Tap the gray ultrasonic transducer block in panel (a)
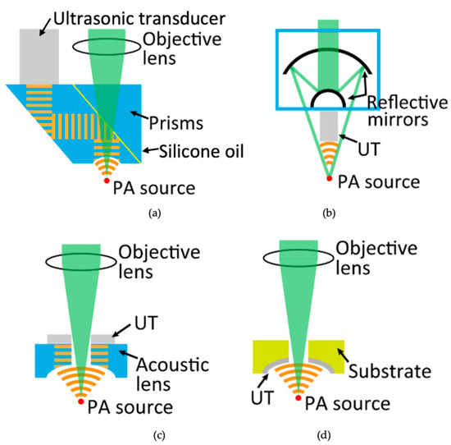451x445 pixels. pyautogui.click(x=40, y=54)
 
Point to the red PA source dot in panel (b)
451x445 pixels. pyautogui.click(x=328, y=178)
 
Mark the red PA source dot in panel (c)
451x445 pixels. pyautogui.click(x=80, y=402)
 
